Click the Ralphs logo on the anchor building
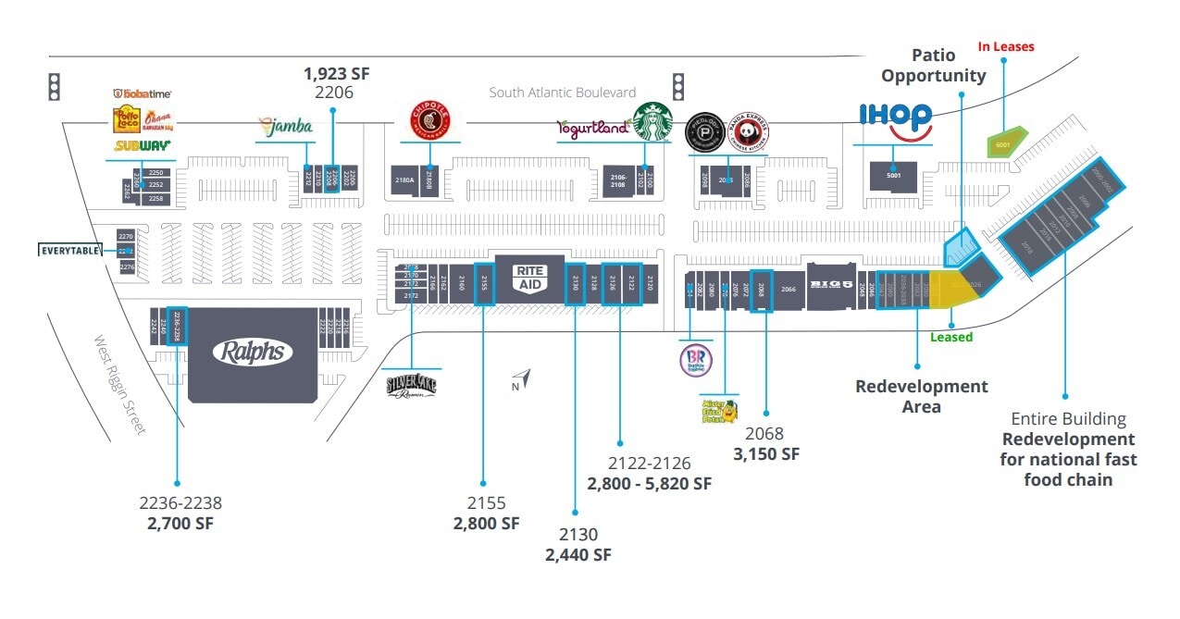point(253,352)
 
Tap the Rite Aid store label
point(529,278)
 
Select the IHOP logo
point(895,120)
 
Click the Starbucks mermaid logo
point(652,122)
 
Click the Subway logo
point(142,145)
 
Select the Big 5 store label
point(828,283)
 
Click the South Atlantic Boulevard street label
point(563,93)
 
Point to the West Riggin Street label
point(120,385)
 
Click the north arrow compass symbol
point(523,378)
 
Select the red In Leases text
point(1006,46)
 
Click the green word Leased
point(951,337)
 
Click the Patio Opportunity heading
point(934,66)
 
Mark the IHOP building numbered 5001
point(893,176)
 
